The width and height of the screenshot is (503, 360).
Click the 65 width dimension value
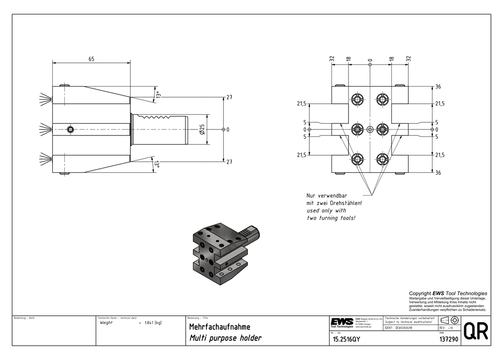91,59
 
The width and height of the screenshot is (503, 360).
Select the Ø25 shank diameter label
201,130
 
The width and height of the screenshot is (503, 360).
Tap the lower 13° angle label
157,165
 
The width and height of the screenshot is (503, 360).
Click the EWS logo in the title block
342,322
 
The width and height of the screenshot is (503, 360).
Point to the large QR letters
475,332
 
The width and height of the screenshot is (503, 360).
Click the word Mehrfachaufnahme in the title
219,327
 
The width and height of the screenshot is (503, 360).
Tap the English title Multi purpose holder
225,338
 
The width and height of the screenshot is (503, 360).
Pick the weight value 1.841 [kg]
153,323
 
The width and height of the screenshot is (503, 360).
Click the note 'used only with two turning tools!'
331,214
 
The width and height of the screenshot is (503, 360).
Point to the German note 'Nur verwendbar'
327,195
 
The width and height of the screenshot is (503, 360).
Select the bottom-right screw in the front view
383,160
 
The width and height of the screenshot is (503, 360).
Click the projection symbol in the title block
449,320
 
